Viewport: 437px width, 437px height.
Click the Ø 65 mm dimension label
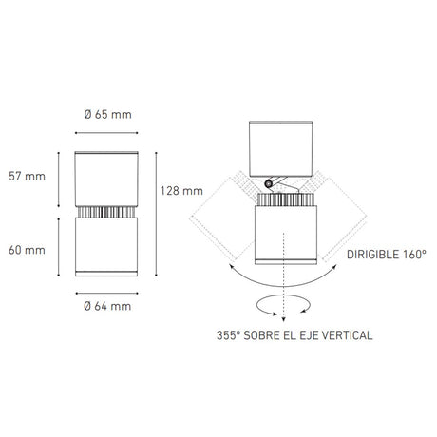coord(106,115)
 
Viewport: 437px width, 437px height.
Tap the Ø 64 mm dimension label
coord(106,306)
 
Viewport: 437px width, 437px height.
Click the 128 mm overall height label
coord(180,190)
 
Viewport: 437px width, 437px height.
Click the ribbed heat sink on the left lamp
coord(105,210)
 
